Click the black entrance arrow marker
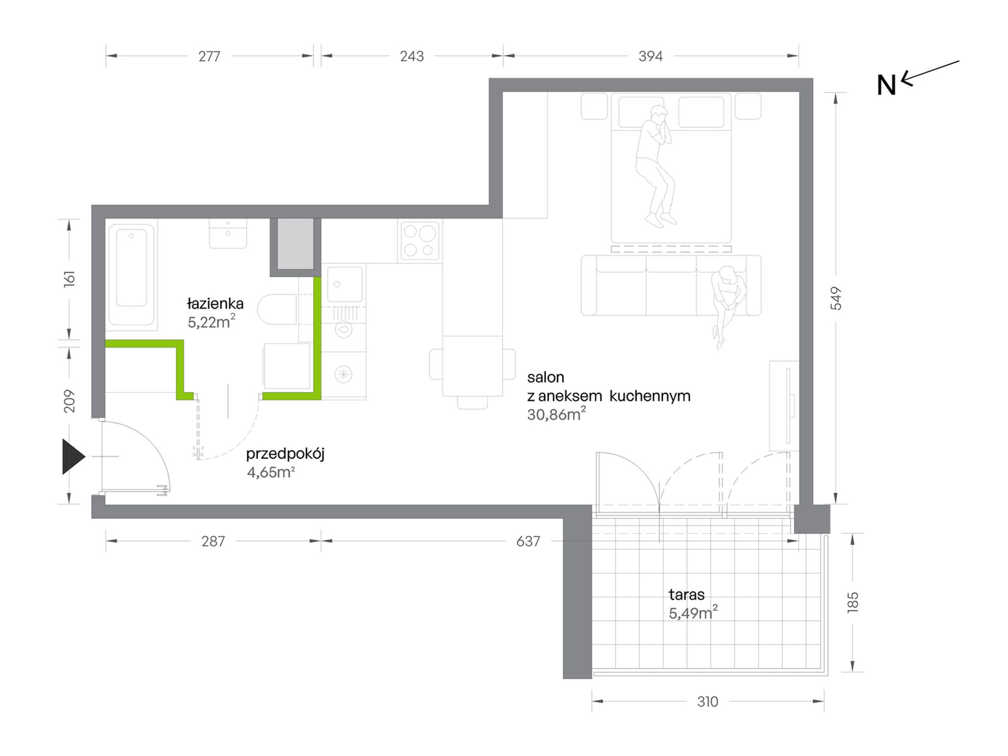tap(73, 456)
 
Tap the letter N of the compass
tap(886, 85)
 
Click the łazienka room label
tap(215, 304)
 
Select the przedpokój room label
tap(285, 454)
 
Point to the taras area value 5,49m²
tap(693, 612)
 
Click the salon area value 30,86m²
tap(557, 414)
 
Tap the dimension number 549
tap(836, 298)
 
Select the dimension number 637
tap(528, 541)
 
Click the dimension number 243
tap(412, 56)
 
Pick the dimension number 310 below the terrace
tap(708, 702)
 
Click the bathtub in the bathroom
tap(132, 274)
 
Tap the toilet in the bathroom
tap(277, 309)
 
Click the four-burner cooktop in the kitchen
tap(420, 241)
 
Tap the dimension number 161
tap(69, 279)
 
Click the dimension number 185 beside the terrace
tap(853, 602)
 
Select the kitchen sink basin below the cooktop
tap(345, 284)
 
